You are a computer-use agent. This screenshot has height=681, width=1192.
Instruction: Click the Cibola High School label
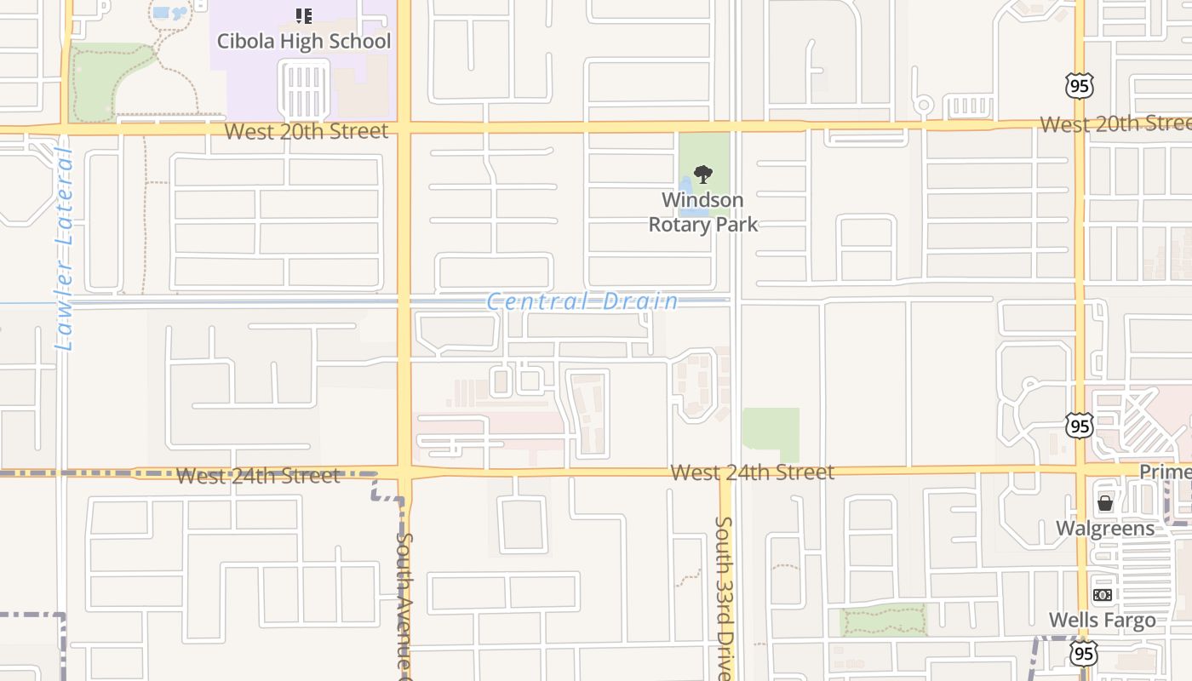304,41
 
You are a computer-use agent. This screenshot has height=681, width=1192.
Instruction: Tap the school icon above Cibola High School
304,15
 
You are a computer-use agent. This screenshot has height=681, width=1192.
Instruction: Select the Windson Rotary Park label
703,212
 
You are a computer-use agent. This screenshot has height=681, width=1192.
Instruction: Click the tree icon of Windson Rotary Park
702,175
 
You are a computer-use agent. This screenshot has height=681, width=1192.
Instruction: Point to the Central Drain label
583,301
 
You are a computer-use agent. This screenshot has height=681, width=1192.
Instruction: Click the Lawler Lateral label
64,249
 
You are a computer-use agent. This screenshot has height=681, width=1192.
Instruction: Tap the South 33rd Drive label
724,596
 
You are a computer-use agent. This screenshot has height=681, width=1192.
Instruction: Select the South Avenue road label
405,600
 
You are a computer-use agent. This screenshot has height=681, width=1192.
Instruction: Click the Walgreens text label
1105,529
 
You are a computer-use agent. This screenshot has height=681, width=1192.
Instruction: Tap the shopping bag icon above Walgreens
1105,503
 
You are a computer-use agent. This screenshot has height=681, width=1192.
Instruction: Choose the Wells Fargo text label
1103,621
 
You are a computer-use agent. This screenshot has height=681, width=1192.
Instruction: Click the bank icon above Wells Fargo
1103,595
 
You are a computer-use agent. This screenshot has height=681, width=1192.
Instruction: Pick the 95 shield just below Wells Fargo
1083,653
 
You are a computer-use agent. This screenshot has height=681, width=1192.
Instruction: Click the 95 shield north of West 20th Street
1079,85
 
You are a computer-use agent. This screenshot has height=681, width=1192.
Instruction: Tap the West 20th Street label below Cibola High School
307,131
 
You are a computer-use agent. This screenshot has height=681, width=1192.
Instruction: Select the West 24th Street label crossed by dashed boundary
258,475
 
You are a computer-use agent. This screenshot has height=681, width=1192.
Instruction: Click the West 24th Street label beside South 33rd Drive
752,472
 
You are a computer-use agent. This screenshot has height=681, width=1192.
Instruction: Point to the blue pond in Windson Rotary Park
686,186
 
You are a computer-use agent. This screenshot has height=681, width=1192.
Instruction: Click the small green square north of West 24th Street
771,434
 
